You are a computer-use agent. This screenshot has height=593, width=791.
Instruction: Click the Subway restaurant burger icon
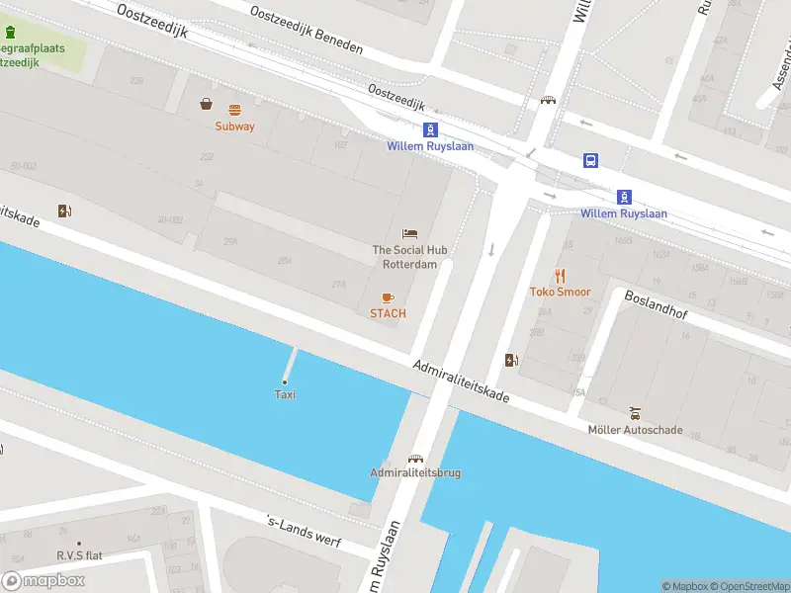point(234,110)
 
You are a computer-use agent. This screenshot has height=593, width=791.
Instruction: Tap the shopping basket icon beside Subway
point(207,103)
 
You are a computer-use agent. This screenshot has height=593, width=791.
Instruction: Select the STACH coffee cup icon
point(388,297)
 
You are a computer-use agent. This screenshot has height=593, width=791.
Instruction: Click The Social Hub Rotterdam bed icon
point(409,234)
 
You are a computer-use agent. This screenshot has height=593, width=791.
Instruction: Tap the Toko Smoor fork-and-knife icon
point(560,276)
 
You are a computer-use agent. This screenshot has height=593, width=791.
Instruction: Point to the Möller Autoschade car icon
point(635,414)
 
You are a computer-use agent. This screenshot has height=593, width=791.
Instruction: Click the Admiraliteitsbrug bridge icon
point(415,458)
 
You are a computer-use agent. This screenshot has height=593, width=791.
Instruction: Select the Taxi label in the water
point(285,394)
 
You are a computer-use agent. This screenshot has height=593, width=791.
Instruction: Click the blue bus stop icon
point(590,161)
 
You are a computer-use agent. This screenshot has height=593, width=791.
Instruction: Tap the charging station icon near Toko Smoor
point(511,361)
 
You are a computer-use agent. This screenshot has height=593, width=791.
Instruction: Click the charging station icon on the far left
point(65,211)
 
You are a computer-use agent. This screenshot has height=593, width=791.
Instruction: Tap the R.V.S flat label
point(79,555)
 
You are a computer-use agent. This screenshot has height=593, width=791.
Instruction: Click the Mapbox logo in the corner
point(44,581)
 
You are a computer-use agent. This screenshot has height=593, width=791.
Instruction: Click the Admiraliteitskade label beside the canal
point(462,381)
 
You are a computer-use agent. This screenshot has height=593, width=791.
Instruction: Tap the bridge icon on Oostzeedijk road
point(548,100)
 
